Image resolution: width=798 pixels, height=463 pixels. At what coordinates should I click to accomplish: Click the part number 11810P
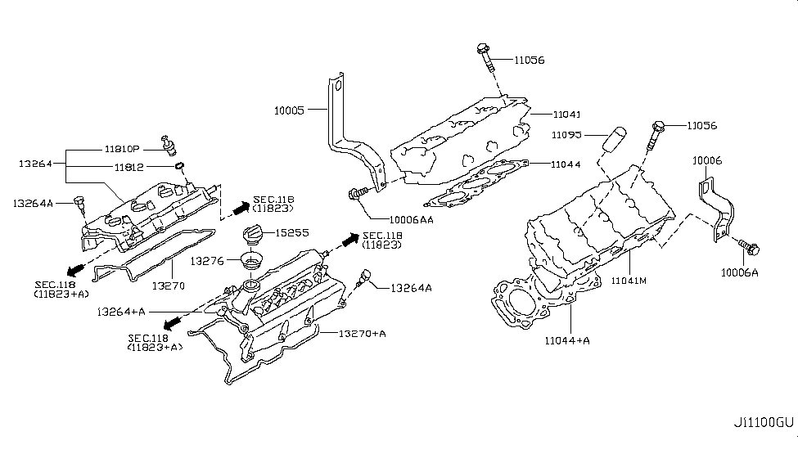pos(123,150)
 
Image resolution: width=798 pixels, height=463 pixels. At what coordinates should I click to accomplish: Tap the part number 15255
pos(292,233)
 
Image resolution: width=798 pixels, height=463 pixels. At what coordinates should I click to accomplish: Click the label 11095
pos(566,133)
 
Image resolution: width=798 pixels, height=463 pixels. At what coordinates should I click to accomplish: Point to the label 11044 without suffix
pos(566,164)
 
